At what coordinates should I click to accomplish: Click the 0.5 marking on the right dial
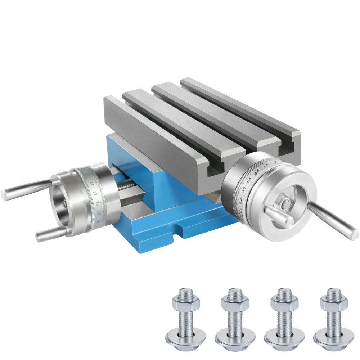257,172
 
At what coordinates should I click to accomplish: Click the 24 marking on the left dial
93,183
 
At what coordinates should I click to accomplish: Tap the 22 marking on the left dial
95,193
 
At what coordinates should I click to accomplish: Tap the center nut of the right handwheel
284,204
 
